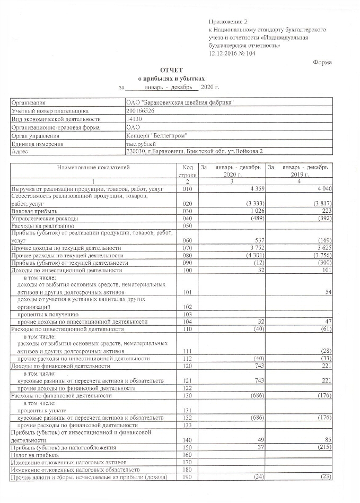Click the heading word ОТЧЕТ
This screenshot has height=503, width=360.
pos(171,70)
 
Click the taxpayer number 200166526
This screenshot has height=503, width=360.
pos(141,111)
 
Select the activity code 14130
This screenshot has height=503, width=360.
pos(134,119)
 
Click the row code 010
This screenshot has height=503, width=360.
pos(187,189)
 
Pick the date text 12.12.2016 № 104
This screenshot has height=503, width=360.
pos(232,54)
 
